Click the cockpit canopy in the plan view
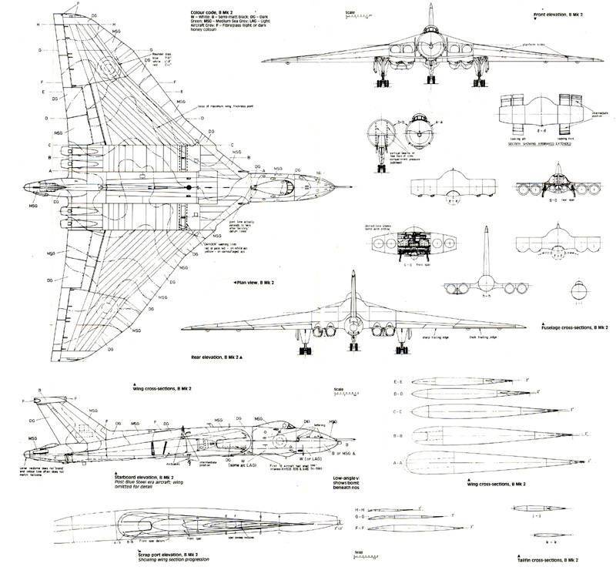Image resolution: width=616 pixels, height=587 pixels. (289, 186)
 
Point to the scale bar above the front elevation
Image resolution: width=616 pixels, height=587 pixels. (373, 17)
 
